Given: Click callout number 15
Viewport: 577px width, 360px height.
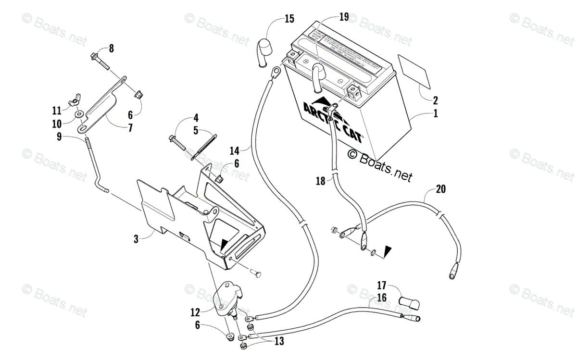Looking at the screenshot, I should pyautogui.click(x=289, y=19).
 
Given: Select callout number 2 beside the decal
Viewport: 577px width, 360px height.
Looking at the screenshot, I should pyautogui.click(x=435, y=100).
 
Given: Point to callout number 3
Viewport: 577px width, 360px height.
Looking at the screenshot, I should pyautogui.click(x=136, y=239).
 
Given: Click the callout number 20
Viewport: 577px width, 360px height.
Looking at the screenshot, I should pyautogui.click(x=440, y=189).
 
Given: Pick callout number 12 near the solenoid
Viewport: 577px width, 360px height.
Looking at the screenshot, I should pyautogui.click(x=194, y=312).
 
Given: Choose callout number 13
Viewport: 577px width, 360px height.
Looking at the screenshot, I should pyautogui.click(x=278, y=341).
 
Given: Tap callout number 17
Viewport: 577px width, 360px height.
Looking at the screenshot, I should pyautogui.click(x=381, y=285).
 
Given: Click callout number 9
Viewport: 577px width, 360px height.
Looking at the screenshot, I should pyautogui.click(x=59, y=136).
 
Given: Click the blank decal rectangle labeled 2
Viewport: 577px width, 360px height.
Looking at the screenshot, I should pyautogui.click(x=413, y=71).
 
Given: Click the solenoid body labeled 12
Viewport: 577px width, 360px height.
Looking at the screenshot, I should pyautogui.click(x=223, y=300).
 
